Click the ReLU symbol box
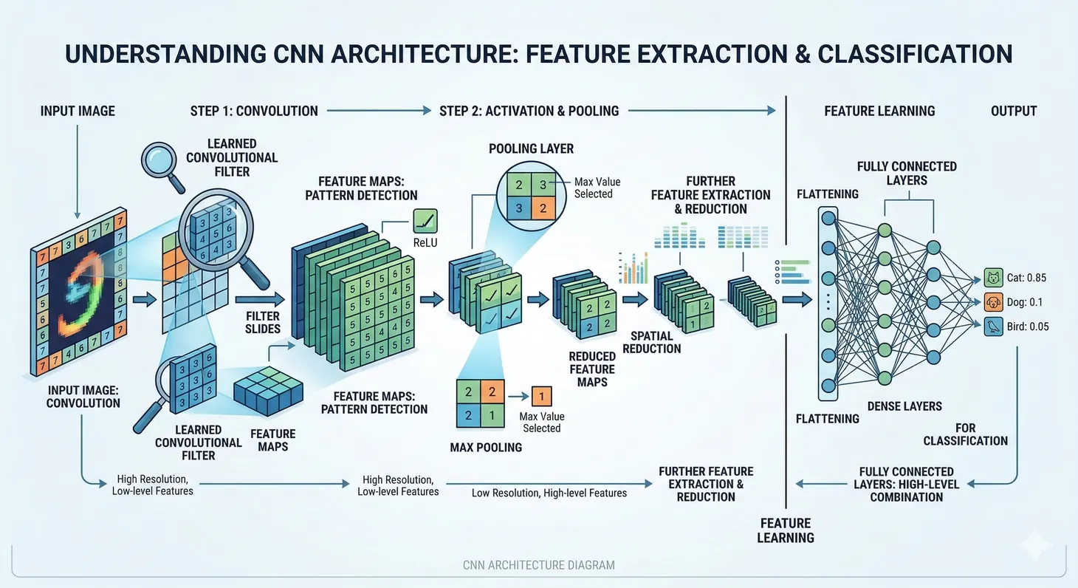pos(425,220)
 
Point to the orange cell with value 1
pos(541,397)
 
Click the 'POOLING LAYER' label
pos(531,148)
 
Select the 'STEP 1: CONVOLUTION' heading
pos(254,111)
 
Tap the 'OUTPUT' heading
pos(1014,111)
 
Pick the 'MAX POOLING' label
pos(486,447)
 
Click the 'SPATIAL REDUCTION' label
pos(651,342)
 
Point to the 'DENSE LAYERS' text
pos(904,406)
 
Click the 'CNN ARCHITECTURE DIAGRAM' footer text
pos(538,565)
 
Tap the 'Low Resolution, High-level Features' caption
pos(549,493)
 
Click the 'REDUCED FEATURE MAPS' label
pos(591,369)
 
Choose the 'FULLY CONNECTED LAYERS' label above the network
pos(907,173)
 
